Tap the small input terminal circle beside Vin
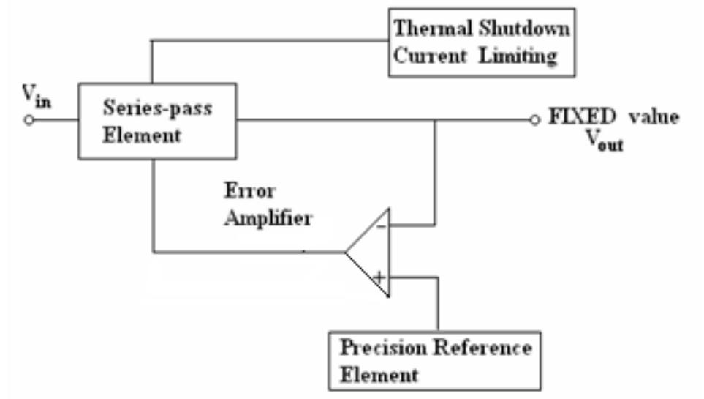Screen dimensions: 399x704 tap(29, 120)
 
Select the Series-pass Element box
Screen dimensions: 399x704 tap(156, 120)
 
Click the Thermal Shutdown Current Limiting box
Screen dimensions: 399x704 tap(482, 42)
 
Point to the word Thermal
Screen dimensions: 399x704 tap(430, 30)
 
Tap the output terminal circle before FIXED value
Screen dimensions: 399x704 tap(535, 120)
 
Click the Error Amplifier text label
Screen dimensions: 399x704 tap(267, 204)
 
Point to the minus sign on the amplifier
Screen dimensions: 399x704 tap(380, 228)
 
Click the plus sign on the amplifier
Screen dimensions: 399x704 tap(379, 277)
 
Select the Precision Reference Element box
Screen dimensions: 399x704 tap(436, 360)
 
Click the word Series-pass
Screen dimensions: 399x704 tap(157, 109)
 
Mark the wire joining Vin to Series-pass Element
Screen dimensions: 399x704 tap(55, 120)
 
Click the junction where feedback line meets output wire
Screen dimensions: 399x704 tap(436, 120)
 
